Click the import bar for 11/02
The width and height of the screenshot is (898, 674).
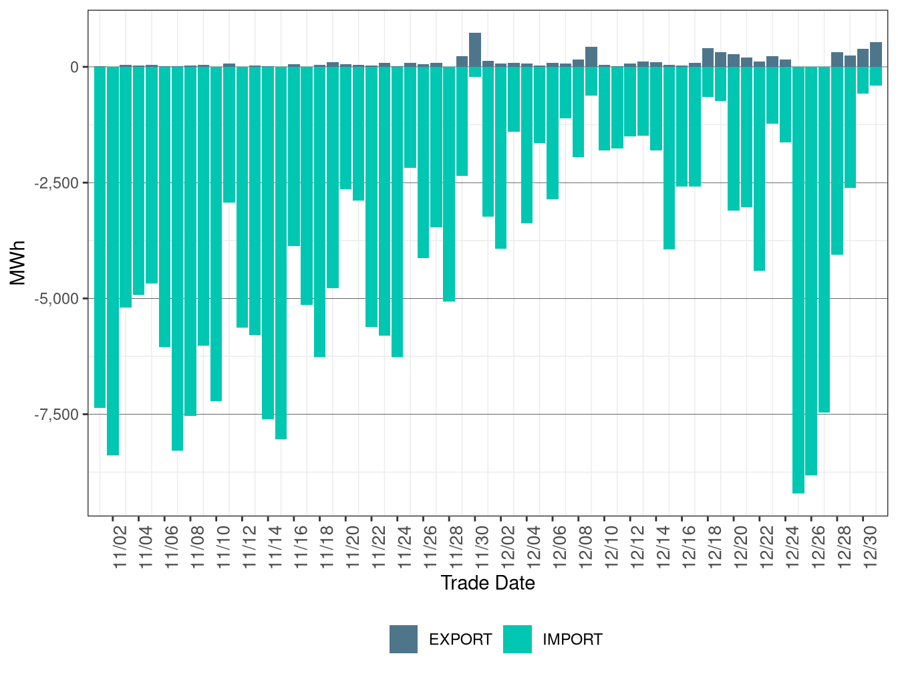(x=113, y=261)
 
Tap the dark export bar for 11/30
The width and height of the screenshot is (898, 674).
(x=475, y=49)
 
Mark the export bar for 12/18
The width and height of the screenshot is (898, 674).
(x=708, y=58)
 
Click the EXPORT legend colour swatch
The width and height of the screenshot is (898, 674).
(x=404, y=639)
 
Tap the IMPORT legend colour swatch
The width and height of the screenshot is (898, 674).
(x=517, y=639)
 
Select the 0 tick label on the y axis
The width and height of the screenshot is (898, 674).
(x=74, y=67)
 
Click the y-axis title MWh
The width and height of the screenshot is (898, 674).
(x=18, y=263)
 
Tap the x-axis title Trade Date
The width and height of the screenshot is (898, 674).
(x=488, y=583)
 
